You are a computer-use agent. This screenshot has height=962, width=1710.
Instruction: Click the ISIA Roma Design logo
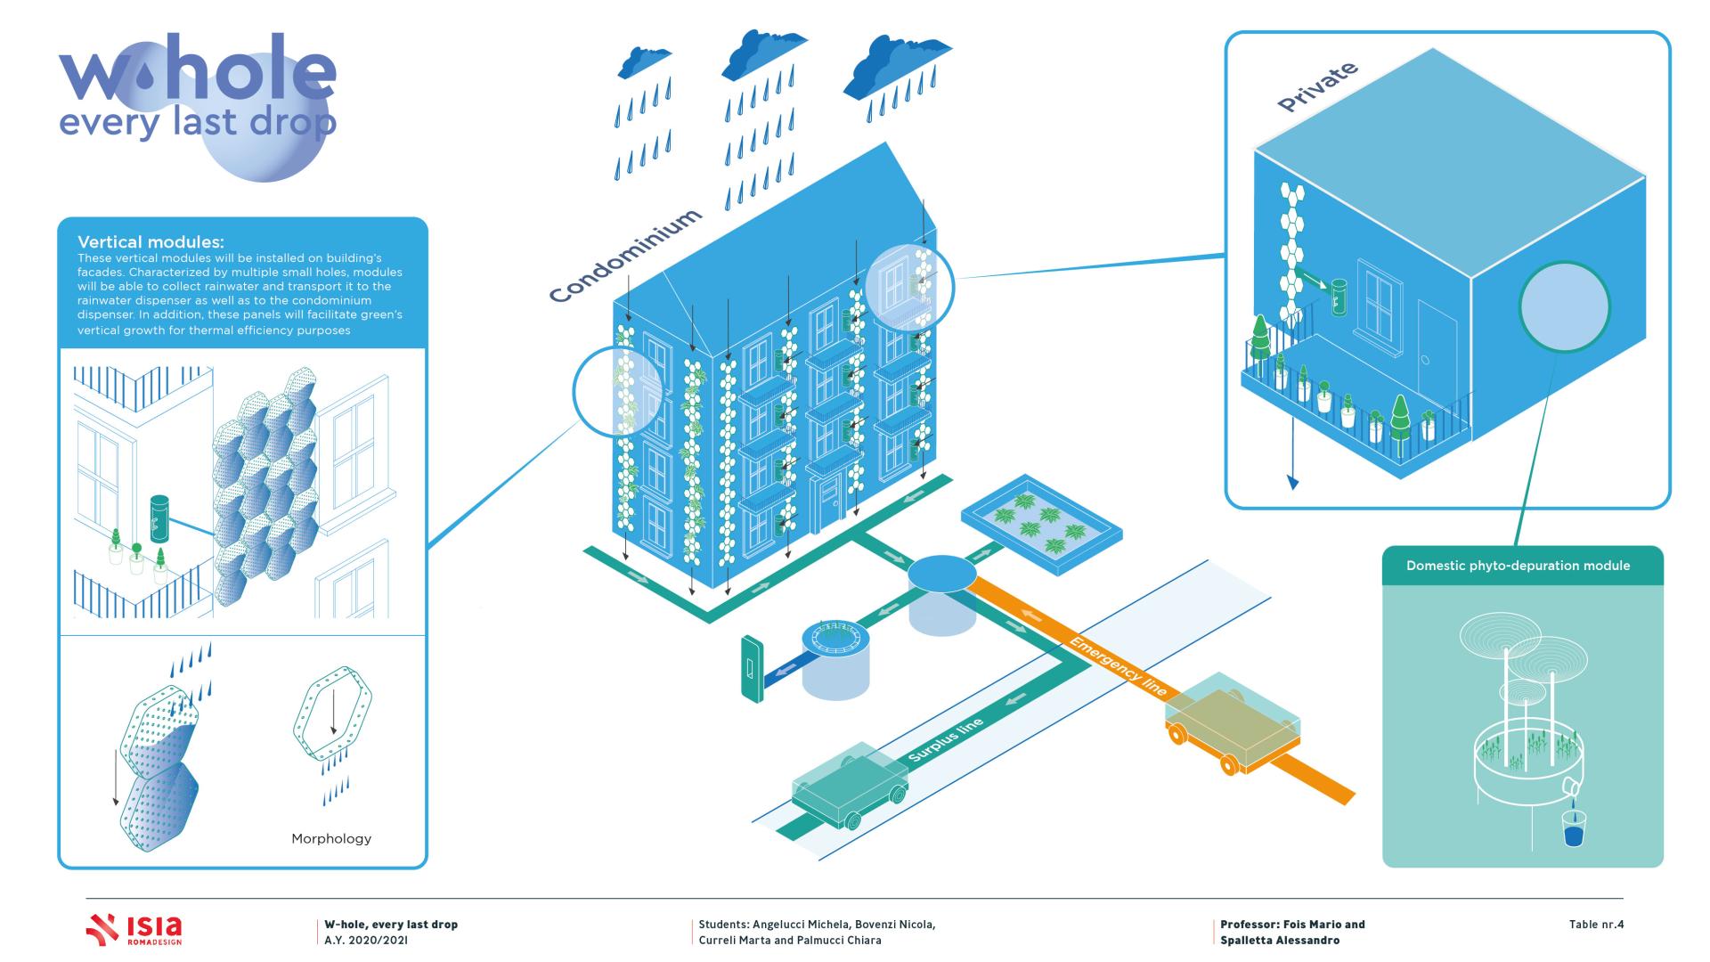[x=134, y=929]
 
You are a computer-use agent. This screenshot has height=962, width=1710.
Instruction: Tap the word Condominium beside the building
[x=624, y=256]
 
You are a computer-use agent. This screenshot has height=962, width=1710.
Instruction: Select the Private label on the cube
[x=1317, y=87]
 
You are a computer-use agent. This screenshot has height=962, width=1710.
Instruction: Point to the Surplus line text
[x=946, y=740]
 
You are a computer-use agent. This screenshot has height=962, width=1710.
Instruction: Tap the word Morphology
[x=331, y=838]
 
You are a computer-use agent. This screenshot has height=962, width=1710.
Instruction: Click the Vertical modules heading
[x=151, y=242]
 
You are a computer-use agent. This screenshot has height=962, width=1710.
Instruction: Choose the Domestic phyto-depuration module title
[x=1518, y=566]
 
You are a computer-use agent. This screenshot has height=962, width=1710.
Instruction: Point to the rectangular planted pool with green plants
[x=1041, y=525]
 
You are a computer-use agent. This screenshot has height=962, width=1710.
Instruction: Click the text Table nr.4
[x=1596, y=925]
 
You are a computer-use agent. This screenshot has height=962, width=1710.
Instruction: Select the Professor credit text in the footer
[x=1291, y=932]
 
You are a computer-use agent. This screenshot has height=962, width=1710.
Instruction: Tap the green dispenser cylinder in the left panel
[x=159, y=519]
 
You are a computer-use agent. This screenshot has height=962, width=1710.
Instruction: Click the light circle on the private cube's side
[x=1564, y=306]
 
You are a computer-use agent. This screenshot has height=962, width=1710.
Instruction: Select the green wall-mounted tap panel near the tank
[x=752, y=668]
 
